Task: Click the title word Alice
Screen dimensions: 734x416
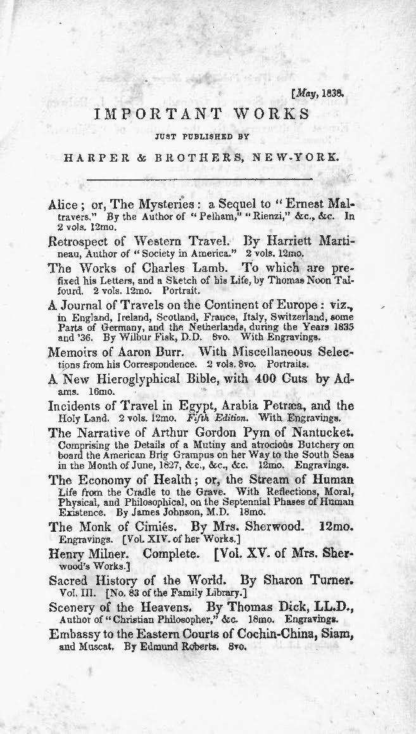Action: (x=62, y=205)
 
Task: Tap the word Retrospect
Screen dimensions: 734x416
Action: (x=82, y=241)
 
